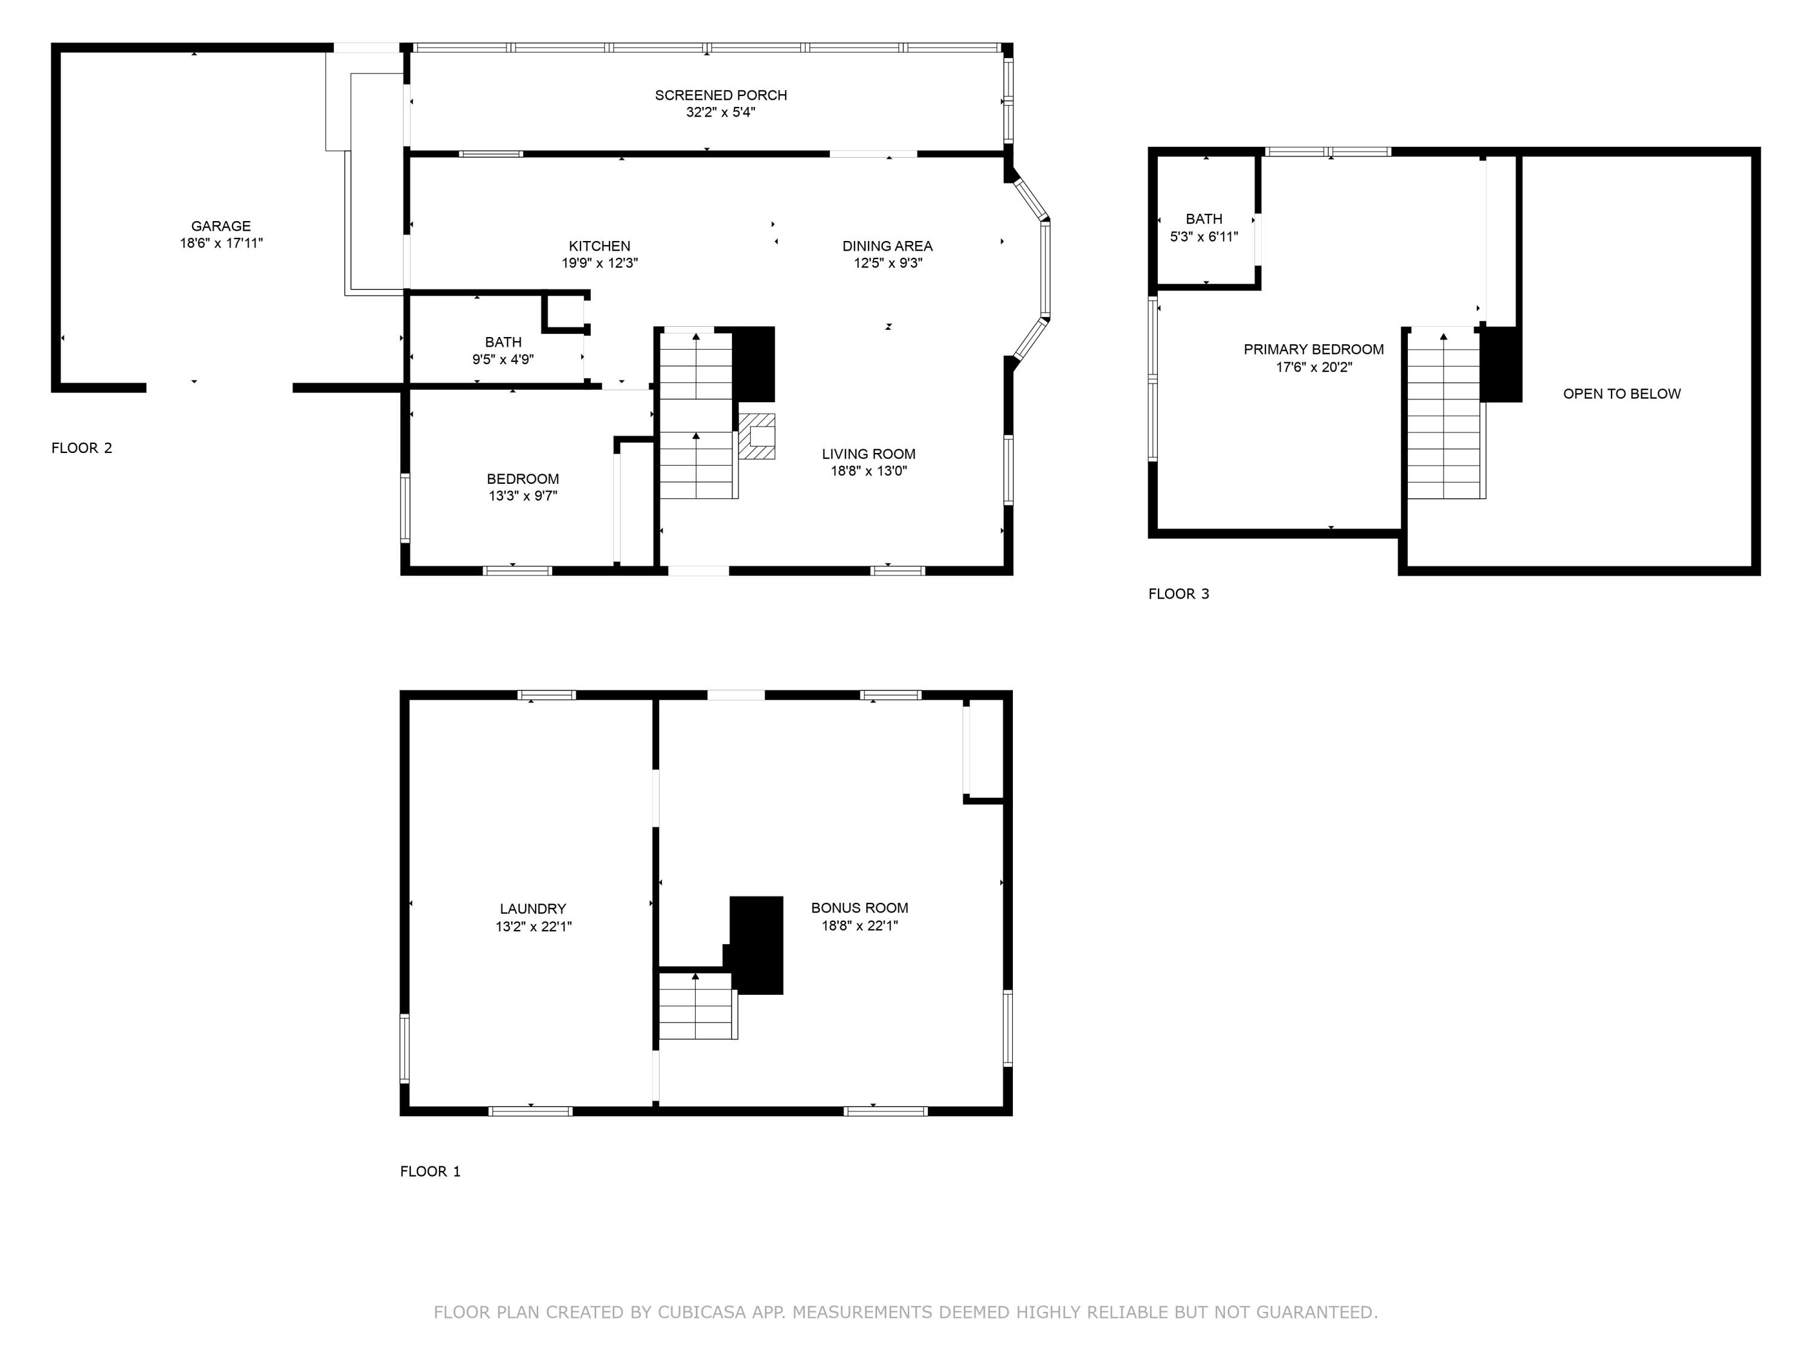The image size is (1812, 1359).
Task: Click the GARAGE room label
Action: [x=221, y=226]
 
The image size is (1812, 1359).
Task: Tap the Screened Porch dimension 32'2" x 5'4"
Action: [x=720, y=112]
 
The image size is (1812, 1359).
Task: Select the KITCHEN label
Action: [x=600, y=246]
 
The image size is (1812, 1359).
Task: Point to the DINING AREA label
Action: [x=887, y=246]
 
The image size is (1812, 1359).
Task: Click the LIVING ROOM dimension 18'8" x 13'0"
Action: [x=869, y=471]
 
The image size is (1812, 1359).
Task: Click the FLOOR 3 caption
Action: [x=1178, y=594]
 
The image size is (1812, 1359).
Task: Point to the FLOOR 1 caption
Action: [x=430, y=1171]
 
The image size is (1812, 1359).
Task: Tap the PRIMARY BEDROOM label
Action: [x=1313, y=350]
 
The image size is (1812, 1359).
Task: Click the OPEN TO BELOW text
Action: [x=1621, y=394]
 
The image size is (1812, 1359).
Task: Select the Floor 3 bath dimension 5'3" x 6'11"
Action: [x=1203, y=237]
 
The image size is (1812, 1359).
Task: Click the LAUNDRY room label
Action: [x=533, y=908]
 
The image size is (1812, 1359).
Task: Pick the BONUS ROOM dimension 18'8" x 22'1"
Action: [x=859, y=926]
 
